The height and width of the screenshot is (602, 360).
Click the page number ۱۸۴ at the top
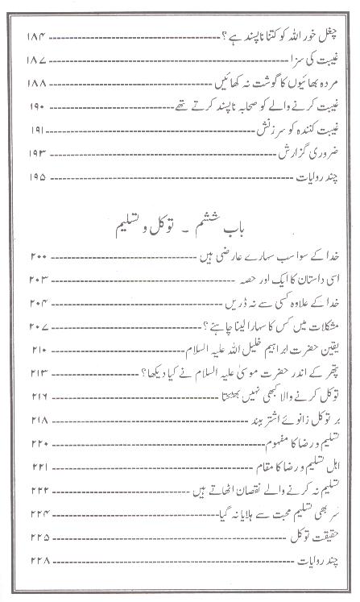point(38,38)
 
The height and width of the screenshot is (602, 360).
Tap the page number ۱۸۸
point(38,84)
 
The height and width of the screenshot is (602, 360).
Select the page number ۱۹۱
point(38,129)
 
